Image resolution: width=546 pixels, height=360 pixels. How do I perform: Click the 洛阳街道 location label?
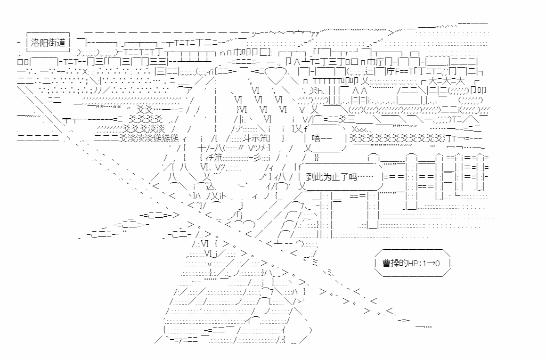tap(48, 43)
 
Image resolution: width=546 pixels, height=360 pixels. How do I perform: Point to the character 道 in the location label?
tap(61, 43)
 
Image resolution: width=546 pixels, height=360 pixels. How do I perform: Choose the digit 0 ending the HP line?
tap(437, 263)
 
